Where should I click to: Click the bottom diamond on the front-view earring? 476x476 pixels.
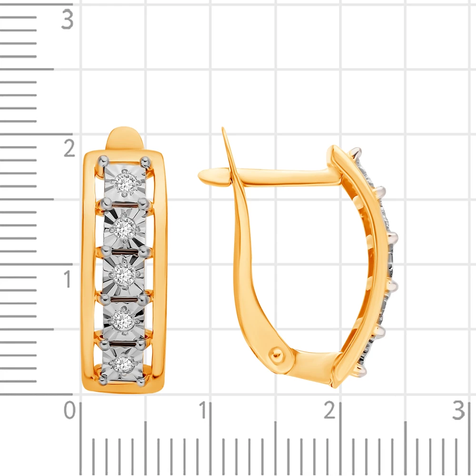[124, 363]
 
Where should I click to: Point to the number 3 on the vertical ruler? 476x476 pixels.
[67, 20]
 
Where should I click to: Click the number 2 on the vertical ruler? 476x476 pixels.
[69, 148]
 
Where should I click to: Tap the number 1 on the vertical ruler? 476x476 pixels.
[68, 279]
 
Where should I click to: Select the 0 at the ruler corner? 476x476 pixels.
[70, 410]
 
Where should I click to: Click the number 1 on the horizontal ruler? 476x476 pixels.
[203, 410]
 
